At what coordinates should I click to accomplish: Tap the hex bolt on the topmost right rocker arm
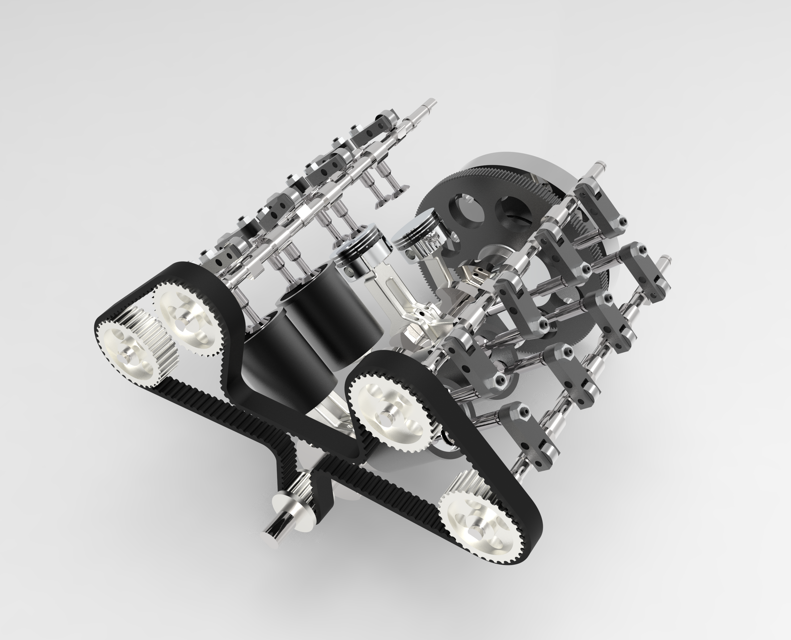coord(624,221)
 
